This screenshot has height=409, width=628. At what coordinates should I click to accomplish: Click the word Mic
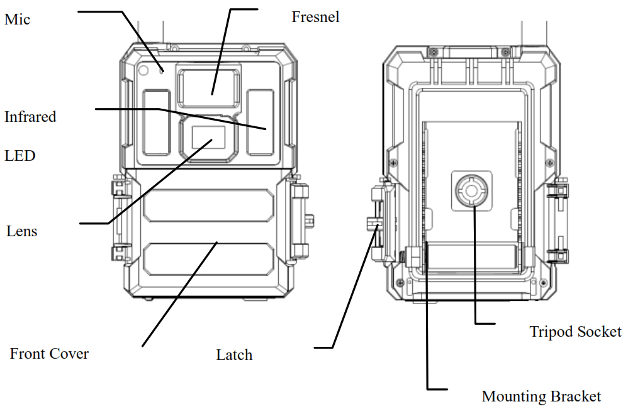point(17,19)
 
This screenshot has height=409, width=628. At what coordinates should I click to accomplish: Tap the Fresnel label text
point(315,17)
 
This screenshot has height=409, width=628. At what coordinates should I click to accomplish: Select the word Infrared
point(30,117)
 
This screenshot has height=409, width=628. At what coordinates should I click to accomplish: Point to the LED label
point(20,155)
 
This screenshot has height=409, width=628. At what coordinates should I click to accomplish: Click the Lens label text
point(22,231)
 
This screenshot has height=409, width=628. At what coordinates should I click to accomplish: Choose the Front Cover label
point(49,354)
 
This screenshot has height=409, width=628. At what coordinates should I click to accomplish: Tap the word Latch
point(234,355)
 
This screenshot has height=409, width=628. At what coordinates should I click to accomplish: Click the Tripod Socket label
point(575,331)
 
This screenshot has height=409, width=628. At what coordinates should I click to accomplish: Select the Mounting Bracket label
point(541,396)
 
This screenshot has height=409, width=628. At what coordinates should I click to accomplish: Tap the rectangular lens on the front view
point(208,137)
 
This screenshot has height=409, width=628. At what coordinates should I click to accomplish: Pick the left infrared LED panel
point(156,122)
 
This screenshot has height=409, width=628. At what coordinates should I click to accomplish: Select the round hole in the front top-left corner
point(143,70)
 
